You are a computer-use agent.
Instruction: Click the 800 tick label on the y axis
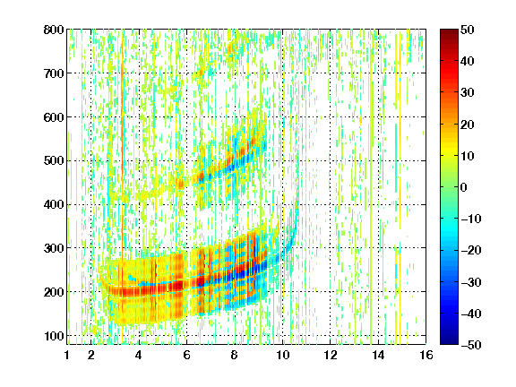pyautogui.click(x=54, y=30)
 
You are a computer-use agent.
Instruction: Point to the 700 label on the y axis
pyautogui.click(x=54, y=73)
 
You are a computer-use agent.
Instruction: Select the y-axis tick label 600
pyautogui.click(x=54, y=117)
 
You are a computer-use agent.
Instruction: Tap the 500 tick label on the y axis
pyautogui.click(x=54, y=161)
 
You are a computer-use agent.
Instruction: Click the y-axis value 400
pyautogui.click(x=54, y=204)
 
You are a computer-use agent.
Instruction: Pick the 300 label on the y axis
pyautogui.click(x=54, y=248)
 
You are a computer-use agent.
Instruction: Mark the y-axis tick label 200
pyautogui.click(x=54, y=292)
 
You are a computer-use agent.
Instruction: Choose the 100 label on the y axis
pyautogui.click(x=54, y=336)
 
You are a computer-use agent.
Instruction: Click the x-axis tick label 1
pyautogui.click(x=67, y=355)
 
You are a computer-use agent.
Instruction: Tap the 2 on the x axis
pyautogui.click(x=91, y=355)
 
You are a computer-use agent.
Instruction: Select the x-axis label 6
pyautogui.click(x=186, y=355)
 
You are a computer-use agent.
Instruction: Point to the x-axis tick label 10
pyautogui.click(x=282, y=355)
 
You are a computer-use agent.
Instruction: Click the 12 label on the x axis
pyautogui.click(x=331, y=355)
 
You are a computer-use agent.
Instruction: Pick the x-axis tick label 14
pyautogui.click(x=378, y=355)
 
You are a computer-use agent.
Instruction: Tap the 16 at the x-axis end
pyautogui.click(x=426, y=355)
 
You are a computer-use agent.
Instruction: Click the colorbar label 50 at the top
pyautogui.click(x=467, y=30)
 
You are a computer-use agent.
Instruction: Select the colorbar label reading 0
pyautogui.click(x=463, y=187)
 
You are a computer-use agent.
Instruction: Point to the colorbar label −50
pyautogui.click(x=470, y=345)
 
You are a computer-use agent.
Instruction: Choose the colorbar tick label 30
pyautogui.click(x=467, y=93)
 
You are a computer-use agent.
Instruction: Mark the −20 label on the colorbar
pyautogui.click(x=470, y=250)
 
